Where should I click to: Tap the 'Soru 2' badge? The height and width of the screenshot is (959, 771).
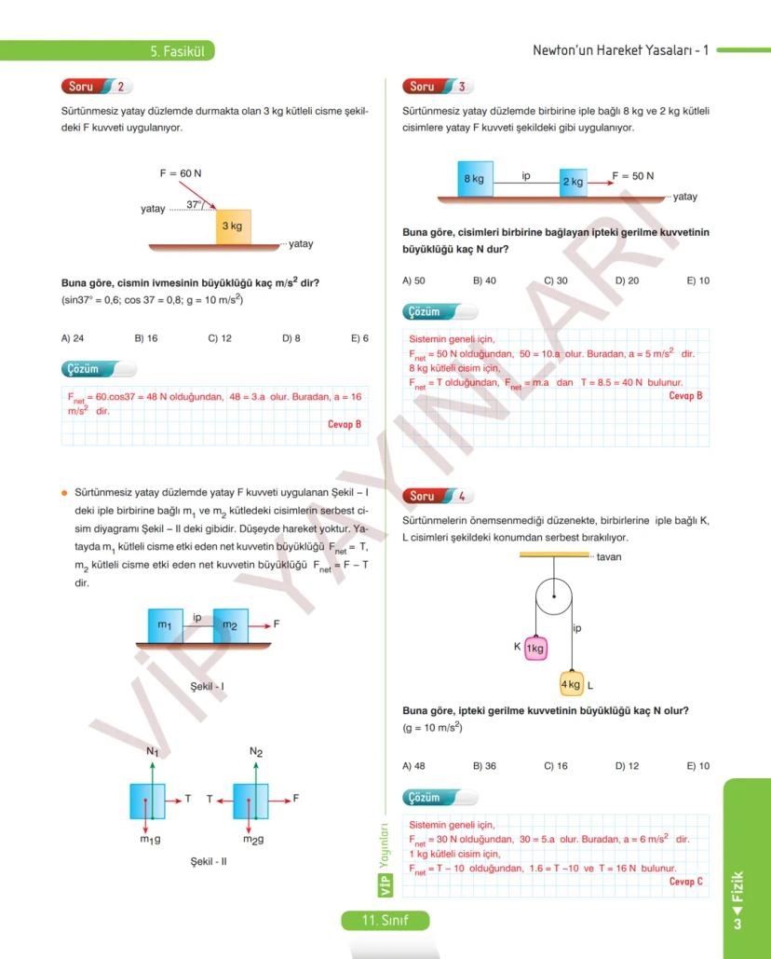(x=97, y=87)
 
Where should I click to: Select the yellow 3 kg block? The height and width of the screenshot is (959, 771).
(x=233, y=226)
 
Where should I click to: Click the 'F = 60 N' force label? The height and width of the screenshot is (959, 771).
(x=181, y=173)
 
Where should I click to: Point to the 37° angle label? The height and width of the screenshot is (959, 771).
(x=194, y=204)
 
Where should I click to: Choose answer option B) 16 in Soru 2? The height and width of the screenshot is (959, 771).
(x=145, y=338)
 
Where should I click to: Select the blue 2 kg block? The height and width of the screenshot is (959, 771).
(x=574, y=182)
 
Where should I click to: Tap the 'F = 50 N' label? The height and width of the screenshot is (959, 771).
(x=632, y=176)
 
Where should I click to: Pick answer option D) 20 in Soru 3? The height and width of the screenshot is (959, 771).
(x=627, y=281)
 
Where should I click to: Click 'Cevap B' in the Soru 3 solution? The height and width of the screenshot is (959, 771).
(x=685, y=395)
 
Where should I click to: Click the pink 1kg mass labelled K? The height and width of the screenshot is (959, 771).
(x=534, y=648)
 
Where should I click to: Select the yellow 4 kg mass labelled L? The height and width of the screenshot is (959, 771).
(x=572, y=684)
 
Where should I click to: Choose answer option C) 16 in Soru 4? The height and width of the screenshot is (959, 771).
(x=555, y=766)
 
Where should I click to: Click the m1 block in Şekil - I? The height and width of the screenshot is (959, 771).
(x=165, y=625)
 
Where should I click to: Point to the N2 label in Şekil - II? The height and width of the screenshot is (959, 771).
(x=256, y=751)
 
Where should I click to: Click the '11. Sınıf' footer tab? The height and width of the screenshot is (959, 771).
(x=385, y=921)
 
